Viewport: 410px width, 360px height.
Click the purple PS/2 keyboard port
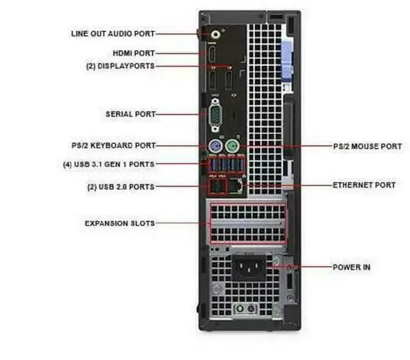click(x=215, y=146)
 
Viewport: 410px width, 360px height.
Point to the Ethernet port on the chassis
click(x=237, y=186)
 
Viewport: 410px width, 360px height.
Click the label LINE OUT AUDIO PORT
click(x=113, y=33)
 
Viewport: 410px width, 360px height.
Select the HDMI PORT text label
click(x=133, y=53)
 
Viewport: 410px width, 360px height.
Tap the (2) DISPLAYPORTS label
click(x=120, y=65)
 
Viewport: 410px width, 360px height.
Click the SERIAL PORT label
click(x=130, y=115)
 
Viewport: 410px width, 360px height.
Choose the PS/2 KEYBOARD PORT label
click(x=113, y=146)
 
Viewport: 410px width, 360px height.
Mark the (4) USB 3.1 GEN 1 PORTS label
click(x=108, y=165)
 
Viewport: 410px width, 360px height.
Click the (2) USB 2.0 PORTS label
click(x=120, y=187)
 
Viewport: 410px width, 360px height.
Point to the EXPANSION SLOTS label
click(x=119, y=224)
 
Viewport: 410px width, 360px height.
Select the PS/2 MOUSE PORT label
click(x=367, y=147)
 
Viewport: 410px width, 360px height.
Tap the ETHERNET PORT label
click(x=363, y=185)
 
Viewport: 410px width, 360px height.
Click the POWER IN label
click(x=351, y=266)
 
